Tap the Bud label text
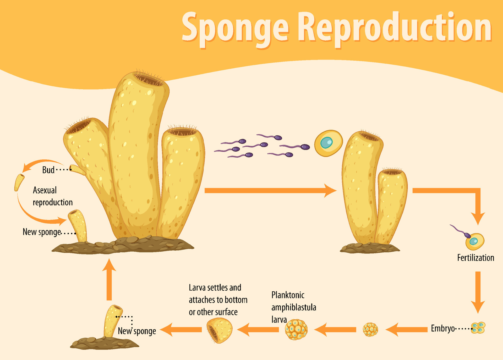pos(48,170)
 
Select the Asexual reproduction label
pos(52,196)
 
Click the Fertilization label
pos(475,258)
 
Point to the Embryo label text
pos(443,328)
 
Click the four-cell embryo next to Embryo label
pos(478,328)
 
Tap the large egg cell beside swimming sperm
pos(328,143)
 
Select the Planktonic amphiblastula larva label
pos(293,307)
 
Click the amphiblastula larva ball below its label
pos(296,329)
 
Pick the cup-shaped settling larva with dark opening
pos(220,330)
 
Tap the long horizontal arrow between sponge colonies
pos(270,190)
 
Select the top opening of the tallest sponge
pos(149,79)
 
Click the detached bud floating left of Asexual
pos(19,182)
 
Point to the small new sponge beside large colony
pos(78,225)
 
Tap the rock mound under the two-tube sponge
pos(370,248)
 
